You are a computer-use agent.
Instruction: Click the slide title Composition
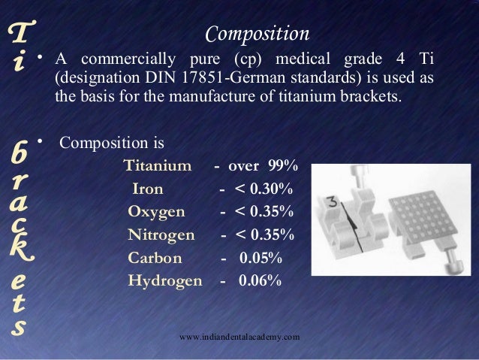pos(257,34)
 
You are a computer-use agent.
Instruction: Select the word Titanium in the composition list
pos(157,165)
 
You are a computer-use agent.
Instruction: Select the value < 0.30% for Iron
pos(263,188)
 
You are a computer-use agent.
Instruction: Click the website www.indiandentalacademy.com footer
pos(240,338)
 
